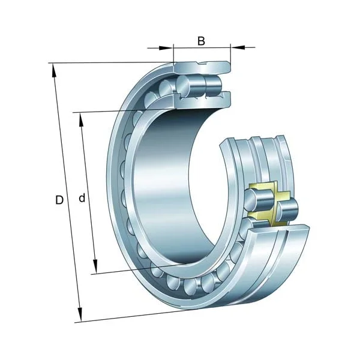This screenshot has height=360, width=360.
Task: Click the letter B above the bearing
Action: click(202, 41)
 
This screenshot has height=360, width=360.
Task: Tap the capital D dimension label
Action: click(59, 200)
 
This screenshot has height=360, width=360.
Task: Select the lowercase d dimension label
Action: click(82, 198)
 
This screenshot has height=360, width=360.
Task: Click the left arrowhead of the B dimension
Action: click(169, 46)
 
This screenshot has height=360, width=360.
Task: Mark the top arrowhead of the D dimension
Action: click(55, 69)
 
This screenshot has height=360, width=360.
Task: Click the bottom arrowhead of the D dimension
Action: click(79, 316)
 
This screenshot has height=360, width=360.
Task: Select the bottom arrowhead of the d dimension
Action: click(95, 268)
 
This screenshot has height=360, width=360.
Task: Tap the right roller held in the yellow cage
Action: click(287, 209)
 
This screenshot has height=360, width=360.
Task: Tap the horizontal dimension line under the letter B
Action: click(202, 46)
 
